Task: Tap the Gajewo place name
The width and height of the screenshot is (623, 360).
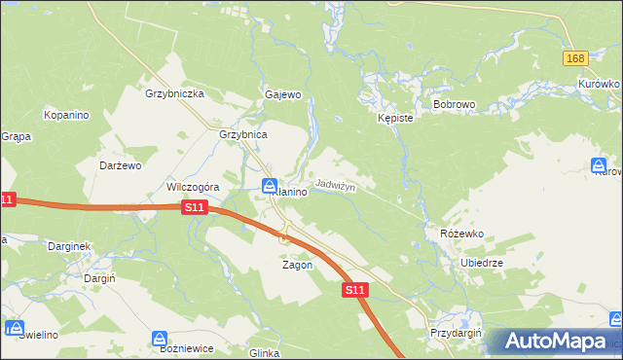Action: pos(283,94)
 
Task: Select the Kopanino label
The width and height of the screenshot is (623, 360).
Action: pos(66,115)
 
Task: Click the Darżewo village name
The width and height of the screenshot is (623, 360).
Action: pos(121,165)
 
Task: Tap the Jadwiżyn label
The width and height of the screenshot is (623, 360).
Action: pos(336,185)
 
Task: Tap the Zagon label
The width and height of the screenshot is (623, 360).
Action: pos(297,265)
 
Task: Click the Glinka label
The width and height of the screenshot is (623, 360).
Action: pos(265,353)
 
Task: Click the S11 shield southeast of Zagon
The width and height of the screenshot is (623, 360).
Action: pos(355,290)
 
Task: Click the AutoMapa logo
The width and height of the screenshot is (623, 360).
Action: pos(556,342)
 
